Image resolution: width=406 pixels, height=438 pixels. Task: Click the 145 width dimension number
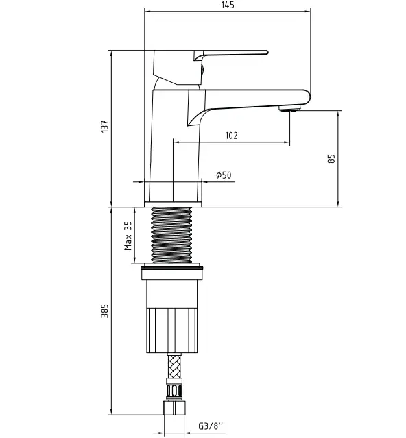point(228,5)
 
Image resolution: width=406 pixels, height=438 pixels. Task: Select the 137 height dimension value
point(105,127)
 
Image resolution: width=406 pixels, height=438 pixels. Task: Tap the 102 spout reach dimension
point(231,136)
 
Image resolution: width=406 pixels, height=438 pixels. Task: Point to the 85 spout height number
point(331,159)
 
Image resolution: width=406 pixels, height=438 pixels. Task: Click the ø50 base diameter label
point(224,175)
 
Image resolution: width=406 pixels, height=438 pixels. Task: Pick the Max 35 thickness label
point(128,235)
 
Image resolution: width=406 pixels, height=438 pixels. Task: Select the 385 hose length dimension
point(105,311)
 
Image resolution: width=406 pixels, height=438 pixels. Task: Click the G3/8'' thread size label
point(211,426)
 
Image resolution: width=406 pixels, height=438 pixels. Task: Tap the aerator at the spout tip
point(289,108)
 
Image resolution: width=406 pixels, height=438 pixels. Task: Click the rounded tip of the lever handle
point(266,52)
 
